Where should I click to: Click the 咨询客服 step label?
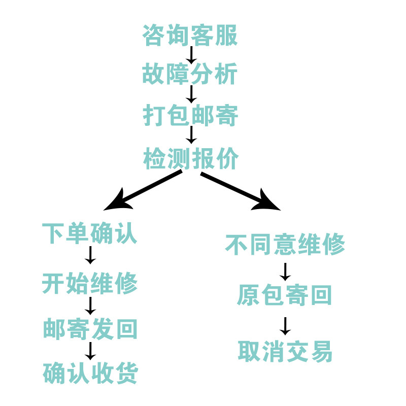pos(190,36)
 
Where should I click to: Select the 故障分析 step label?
pos(190,75)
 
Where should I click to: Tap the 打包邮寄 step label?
pos(190,116)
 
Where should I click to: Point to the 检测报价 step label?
pos(190,159)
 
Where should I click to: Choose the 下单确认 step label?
pos(90,234)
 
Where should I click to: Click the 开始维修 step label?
pos(90,283)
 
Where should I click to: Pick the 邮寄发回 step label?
pos(90,329)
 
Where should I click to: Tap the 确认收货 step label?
pos(90,374)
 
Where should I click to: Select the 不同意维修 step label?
pos(285,245)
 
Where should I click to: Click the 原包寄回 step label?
pos(285,295)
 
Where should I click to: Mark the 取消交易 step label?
pos(285,351)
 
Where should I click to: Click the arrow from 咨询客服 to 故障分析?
pos(191,55)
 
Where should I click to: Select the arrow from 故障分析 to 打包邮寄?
pos(191,95)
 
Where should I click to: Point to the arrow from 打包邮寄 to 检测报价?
pos(191,135)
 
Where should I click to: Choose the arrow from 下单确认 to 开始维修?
pos(90,255)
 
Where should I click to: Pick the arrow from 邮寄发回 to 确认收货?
pos(90,351)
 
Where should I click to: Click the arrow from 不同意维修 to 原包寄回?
pos(285,272)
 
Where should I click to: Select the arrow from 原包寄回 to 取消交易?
pos(285,326)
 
